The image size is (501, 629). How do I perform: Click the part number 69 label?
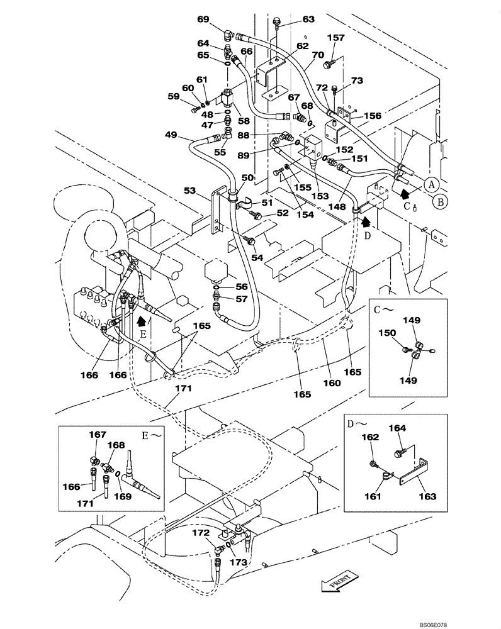pos(203,20)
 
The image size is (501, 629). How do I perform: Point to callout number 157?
pos(337,38)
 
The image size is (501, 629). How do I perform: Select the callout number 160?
pos(332,383)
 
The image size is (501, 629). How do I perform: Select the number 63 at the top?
pos(308,20)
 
